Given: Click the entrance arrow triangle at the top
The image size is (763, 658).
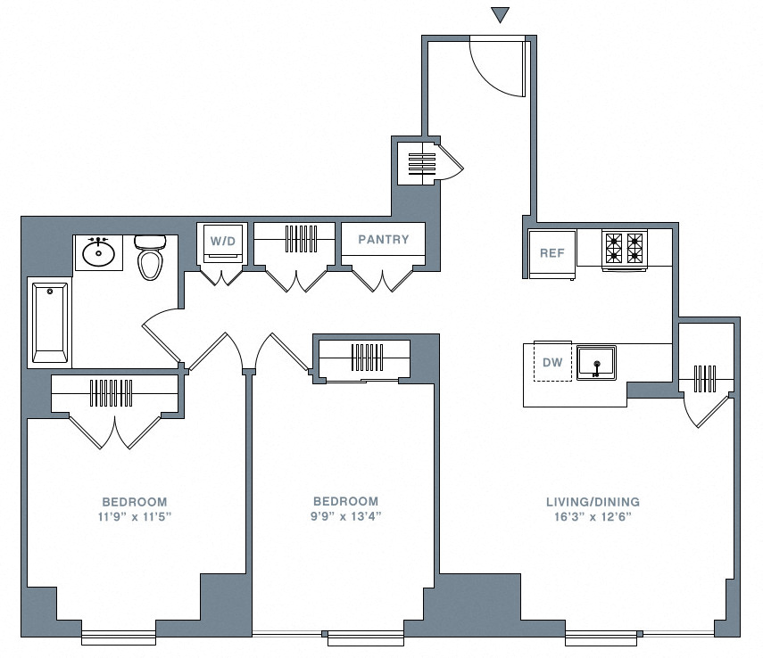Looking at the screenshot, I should point(501,14).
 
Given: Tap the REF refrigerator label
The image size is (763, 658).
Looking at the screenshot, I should point(552,253).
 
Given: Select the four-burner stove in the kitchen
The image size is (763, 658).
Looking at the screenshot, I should point(623,249).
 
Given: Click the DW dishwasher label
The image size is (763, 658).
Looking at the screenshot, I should point(552,363).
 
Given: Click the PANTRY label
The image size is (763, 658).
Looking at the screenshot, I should point(383,239).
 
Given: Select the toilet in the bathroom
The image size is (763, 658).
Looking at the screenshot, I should point(149,259).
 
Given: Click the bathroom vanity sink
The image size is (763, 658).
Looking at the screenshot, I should point(98,253).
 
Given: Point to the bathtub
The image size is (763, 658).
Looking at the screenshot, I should point(50,322).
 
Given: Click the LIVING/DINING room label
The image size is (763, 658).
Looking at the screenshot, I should point(593,502).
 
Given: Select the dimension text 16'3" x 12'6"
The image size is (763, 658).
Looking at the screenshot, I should point(593,517).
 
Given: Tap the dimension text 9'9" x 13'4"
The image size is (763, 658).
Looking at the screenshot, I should point(345,517).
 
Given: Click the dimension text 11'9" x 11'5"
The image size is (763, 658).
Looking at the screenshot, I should point(134,517).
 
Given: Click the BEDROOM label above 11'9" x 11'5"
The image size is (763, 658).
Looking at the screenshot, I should point(134,502).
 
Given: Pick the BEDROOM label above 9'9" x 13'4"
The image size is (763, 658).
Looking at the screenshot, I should point(345,502).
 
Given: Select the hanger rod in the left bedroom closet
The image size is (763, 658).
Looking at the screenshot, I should point(113,393).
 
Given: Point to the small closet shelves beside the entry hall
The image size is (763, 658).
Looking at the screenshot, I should point(421,163).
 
